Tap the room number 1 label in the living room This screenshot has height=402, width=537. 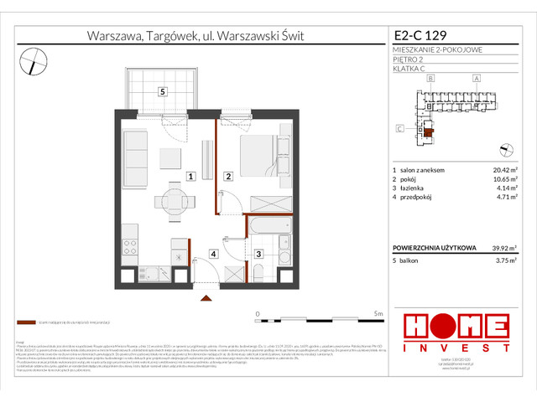pos(191,177)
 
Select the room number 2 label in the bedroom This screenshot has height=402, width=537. pos(228,177)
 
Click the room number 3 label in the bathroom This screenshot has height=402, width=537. pos(259,254)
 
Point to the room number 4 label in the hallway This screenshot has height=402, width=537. pos(214,254)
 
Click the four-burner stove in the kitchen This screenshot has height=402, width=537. pos(131,247)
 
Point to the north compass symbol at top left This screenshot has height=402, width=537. pos(34,57)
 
